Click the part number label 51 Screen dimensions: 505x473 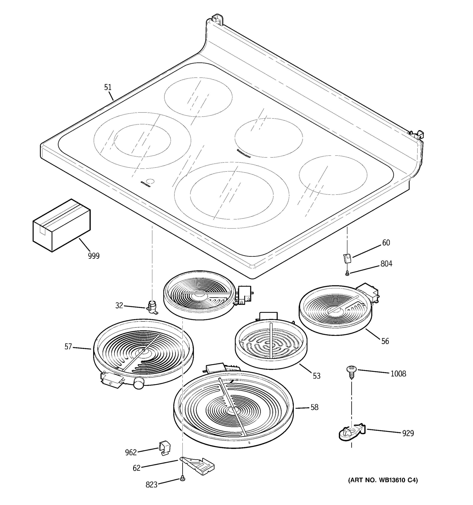[108, 87]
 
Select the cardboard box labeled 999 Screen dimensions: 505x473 [61, 225]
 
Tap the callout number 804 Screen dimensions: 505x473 [386, 264]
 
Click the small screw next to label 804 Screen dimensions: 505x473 [347, 273]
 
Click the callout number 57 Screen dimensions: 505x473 [68, 347]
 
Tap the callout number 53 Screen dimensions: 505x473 [316, 376]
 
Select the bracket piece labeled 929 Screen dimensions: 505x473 [351, 433]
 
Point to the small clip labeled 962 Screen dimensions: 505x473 [164, 449]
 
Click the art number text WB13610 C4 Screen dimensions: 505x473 [382, 480]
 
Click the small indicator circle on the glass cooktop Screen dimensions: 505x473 [151, 181]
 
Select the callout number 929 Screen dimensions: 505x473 [408, 433]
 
